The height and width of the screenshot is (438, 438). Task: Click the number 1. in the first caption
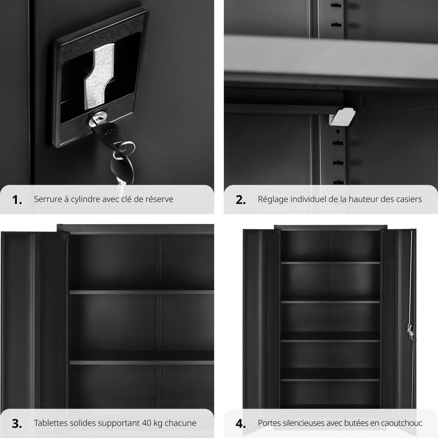pos(17,200)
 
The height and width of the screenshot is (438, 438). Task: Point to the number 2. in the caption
pos(241,200)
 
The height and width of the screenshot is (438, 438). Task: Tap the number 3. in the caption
pos(17,423)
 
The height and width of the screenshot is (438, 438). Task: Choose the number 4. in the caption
pos(241,423)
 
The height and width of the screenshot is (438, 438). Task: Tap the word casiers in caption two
pos(410,199)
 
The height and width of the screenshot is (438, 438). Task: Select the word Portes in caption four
pos(269,423)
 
